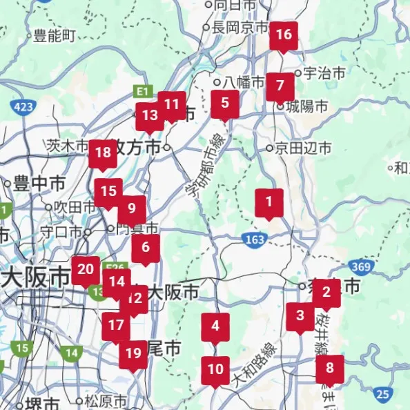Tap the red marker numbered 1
coord(269,204)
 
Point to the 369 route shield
coord(358,266)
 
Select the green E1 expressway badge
coord(142,91)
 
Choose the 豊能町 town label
coord(54,36)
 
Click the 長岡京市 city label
coord(239,28)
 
